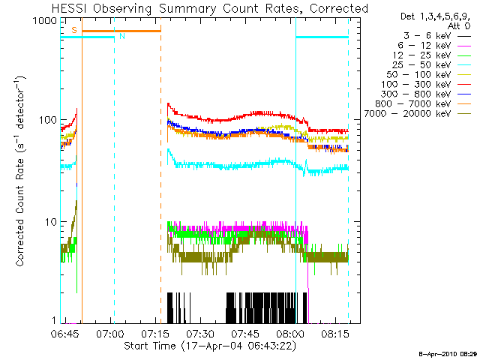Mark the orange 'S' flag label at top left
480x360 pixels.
click(x=73, y=29)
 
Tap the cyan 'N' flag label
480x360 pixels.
click(x=121, y=36)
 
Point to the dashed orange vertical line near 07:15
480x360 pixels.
click(x=160, y=187)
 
